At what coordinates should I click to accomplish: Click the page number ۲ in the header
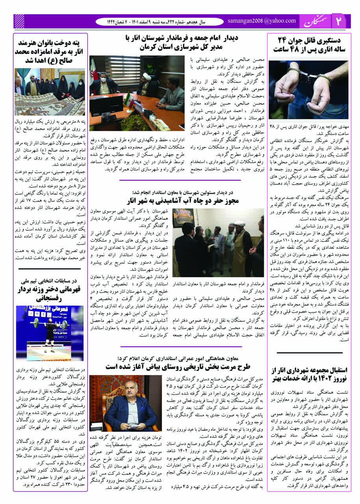tap(338, 22)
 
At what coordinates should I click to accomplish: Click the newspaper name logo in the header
tap(315, 22)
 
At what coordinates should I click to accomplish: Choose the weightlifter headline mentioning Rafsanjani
tap(50, 291)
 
